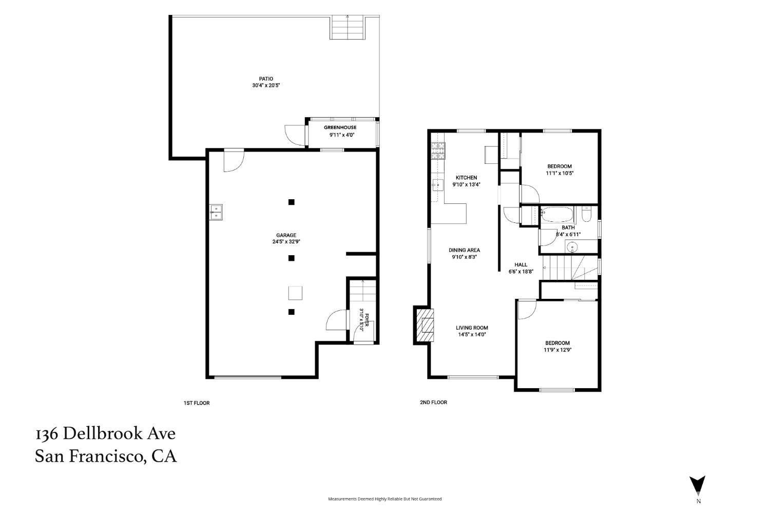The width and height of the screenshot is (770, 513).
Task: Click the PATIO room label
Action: pos(266,79)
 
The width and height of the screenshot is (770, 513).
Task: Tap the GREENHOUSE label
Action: pos(340,127)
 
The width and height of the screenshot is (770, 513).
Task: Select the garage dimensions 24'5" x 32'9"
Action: pos(286,242)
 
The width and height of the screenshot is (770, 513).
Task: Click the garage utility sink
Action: pos(216,212)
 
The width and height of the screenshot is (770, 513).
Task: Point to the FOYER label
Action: pos(367,320)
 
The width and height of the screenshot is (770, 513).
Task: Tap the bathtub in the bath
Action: pos(557,214)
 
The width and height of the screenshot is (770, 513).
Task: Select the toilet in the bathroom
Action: pos(586,214)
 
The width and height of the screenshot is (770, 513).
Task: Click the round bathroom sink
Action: pos(572,247)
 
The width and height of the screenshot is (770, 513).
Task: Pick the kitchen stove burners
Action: pos(438,150)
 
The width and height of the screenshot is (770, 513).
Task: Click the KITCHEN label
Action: pos(466,178)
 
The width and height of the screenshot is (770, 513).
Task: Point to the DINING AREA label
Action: pos(464,250)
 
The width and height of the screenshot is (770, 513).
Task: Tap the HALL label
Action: pos(521,265)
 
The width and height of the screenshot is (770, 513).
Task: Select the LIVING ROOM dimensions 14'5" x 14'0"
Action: pos(472,334)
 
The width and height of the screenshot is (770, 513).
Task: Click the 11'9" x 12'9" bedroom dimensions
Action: pos(557,350)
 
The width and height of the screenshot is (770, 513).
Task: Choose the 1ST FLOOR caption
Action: pos(196,403)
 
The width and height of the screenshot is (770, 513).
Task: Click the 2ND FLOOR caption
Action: pos(433,402)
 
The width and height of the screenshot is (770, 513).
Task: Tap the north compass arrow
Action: pos(697,485)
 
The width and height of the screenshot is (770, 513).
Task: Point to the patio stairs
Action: pos(347,27)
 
